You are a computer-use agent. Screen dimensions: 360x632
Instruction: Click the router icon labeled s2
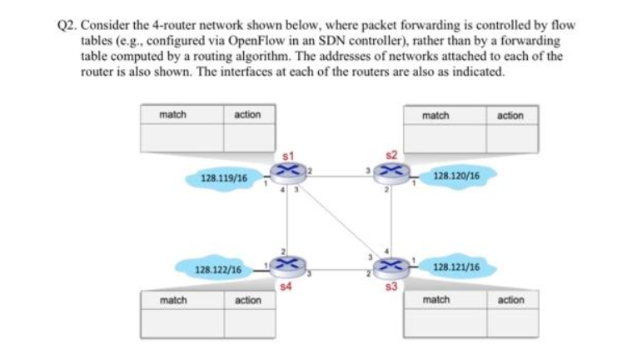click(x=388, y=172)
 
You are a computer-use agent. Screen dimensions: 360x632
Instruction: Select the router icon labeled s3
click(x=388, y=266)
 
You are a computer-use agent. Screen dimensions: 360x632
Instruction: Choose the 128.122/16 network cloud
click(x=218, y=270)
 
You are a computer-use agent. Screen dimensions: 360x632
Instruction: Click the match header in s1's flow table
click(x=173, y=114)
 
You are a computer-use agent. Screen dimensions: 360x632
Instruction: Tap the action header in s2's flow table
click(x=510, y=115)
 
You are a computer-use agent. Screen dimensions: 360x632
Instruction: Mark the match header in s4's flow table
click(x=173, y=299)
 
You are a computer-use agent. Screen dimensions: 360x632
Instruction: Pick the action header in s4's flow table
click(x=248, y=299)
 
